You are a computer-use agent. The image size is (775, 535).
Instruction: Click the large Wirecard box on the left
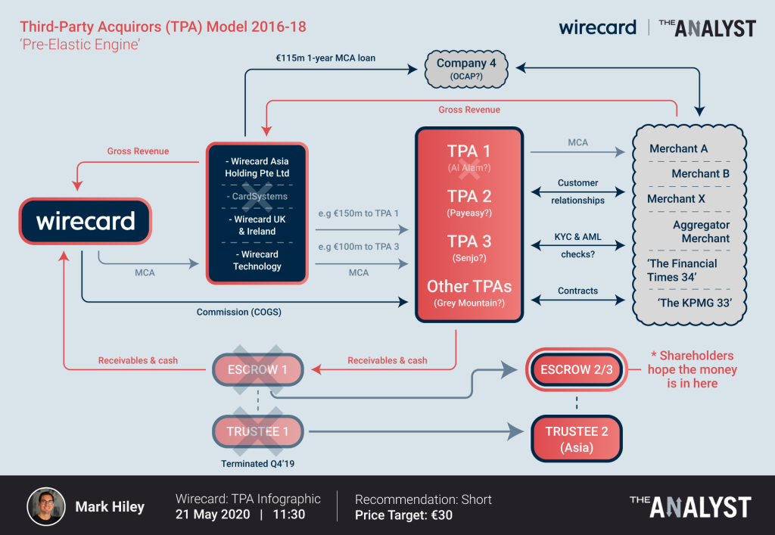(86, 221)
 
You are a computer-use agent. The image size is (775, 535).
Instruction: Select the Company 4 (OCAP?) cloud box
(466, 69)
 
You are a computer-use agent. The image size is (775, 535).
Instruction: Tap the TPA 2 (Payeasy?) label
(469, 203)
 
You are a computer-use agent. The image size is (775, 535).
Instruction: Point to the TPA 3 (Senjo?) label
(469, 247)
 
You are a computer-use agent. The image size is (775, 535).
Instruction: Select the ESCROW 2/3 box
(576, 370)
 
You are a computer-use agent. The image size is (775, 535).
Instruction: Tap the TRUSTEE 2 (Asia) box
(576, 439)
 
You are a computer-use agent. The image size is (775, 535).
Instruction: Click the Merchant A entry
(678, 149)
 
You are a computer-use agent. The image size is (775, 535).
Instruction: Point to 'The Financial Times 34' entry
(682, 270)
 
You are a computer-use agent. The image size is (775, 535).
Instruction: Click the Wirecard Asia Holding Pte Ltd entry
(257, 167)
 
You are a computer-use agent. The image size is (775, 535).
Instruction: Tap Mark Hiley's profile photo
(46, 506)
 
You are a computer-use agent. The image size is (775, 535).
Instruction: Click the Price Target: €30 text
(403, 515)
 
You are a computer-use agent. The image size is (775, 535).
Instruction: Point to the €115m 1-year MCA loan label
(325, 58)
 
